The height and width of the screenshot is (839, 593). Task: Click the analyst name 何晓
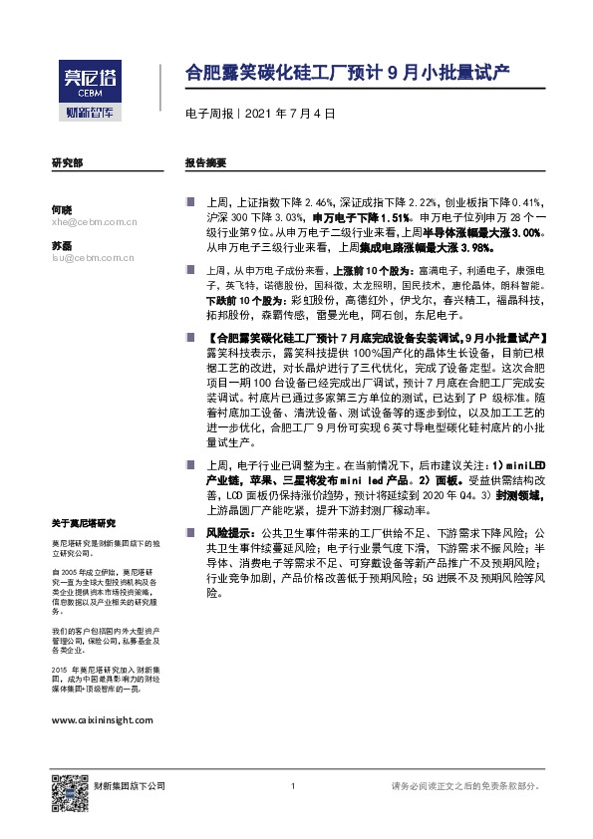(x=62, y=209)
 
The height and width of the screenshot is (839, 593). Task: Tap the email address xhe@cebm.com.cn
(x=93, y=222)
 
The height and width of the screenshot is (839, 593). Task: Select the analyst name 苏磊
(x=62, y=244)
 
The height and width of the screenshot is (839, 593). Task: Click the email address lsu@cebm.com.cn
(x=93, y=257)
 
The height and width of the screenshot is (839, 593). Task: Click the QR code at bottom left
(x=68, y=787)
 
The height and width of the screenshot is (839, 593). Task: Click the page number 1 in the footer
(x=293, y=787)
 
